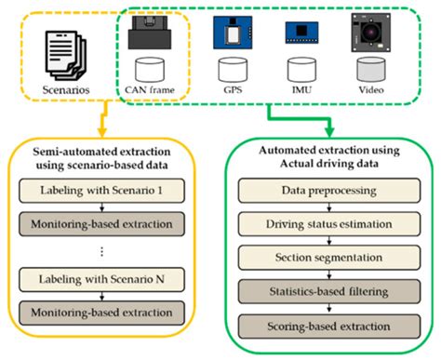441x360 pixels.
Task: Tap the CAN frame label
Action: tap(151, 90)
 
